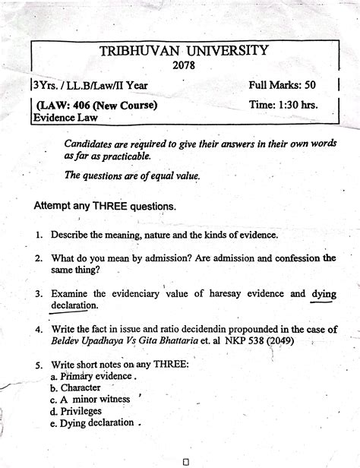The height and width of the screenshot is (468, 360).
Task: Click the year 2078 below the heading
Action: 185,67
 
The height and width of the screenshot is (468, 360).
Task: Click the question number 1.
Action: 38,236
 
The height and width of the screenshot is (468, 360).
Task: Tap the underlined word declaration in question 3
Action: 74,305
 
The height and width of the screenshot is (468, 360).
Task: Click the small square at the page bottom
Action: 185,460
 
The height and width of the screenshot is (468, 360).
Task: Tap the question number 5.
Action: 38,363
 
